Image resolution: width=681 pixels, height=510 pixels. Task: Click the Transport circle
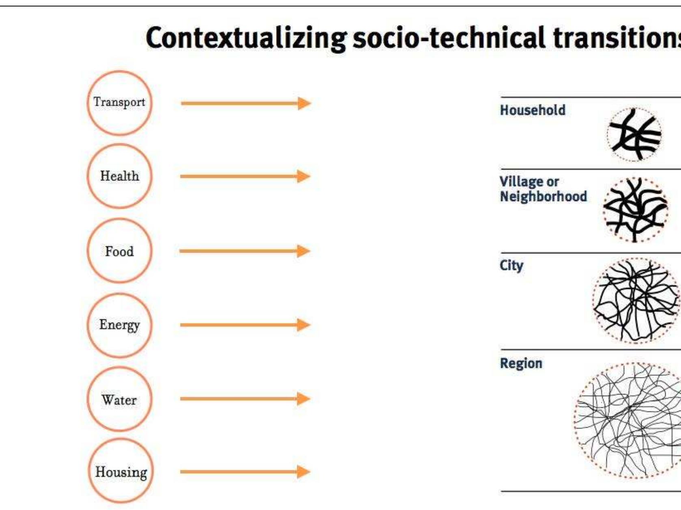(x=119, y=103)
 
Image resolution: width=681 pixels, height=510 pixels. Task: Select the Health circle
(x=119, y=176)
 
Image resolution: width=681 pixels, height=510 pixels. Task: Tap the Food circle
(x=119, y=251)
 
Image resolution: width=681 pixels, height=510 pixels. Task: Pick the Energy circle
(x=119, y=325)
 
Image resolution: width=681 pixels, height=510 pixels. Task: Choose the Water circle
(x=119, y=399)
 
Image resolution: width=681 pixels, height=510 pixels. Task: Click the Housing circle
(x=121, y=471)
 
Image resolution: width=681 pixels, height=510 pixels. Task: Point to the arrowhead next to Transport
(x=304, y=103)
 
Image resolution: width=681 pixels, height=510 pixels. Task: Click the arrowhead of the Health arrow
(x=303, y=176)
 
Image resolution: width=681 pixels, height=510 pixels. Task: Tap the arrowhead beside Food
(x=303, y=251)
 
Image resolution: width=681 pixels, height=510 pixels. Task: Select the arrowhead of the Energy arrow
(x=303, y=325)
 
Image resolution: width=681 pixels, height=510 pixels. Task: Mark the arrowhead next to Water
(x=303, y=399)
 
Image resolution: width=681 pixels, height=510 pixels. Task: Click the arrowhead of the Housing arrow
(x=303, y=471)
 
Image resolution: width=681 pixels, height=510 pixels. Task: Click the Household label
(x=532, y=110)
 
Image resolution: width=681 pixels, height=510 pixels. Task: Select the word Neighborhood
(x=543, y=197)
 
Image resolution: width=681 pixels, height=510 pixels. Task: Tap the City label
(x=511, y=266)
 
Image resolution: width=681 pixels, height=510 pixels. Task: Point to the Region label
(x=521, y=363)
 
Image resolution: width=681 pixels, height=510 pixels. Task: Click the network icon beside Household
(x=634, y=134)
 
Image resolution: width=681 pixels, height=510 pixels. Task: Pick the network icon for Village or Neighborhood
(x=635, y=210)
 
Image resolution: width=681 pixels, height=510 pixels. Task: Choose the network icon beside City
(x=636, y=300)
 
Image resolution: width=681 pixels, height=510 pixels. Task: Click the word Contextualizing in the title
(x=246, y=38)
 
